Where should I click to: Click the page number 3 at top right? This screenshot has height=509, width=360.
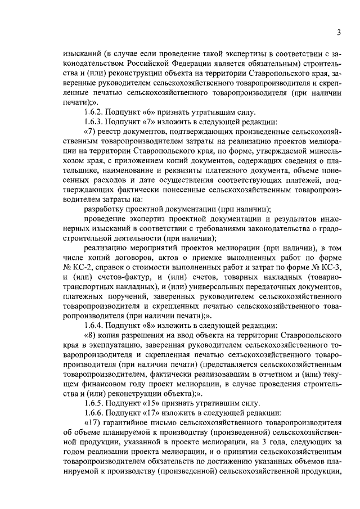pos(339,33)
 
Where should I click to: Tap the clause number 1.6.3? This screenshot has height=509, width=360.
pos(93,123)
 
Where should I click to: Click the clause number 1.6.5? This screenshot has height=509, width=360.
pos(93,403)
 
